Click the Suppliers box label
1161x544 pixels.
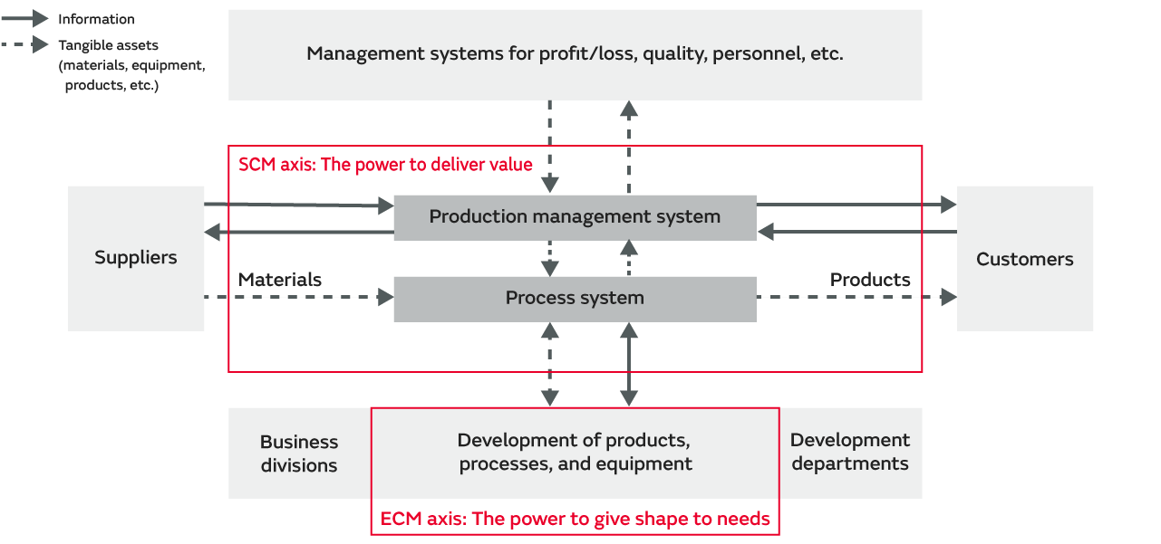tap(136, 258)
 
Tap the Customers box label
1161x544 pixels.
tap(1024, 260)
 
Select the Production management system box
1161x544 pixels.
tap(575, 217)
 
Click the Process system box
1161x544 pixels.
tap(575, 299)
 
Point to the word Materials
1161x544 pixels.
tap(279, 280)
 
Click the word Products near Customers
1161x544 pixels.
tap(870, 280)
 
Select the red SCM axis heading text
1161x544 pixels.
tap(385, 165)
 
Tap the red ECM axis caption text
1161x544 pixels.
tap(575, 519)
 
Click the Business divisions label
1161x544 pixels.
tap(299, 453)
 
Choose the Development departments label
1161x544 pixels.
tap(849, 452)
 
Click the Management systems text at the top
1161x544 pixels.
tap(575, 53)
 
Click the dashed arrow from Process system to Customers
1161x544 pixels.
tap(856, 297)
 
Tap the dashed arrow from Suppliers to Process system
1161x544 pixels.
tap(299, 297)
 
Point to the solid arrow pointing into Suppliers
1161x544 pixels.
tap(299, 233)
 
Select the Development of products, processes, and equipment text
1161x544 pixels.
tap(575, 453)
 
